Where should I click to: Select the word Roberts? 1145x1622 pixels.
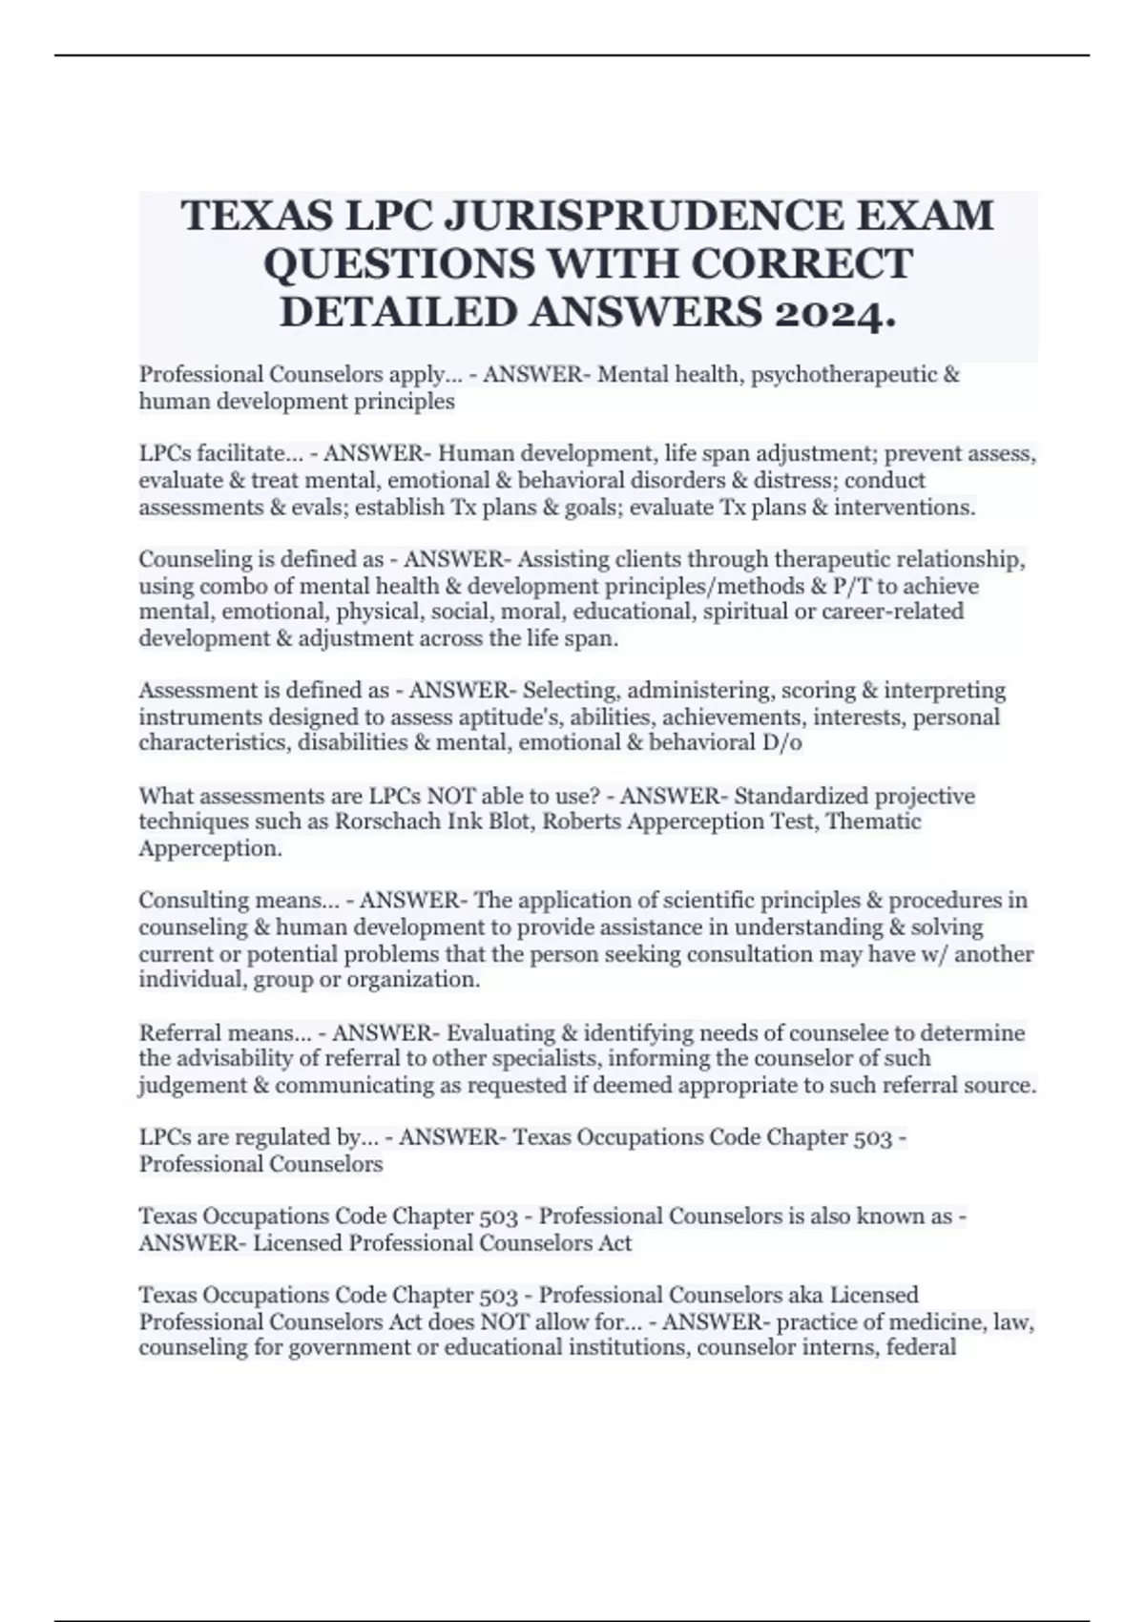coord(577,821)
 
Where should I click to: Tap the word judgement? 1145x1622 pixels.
coord(191,1086)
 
